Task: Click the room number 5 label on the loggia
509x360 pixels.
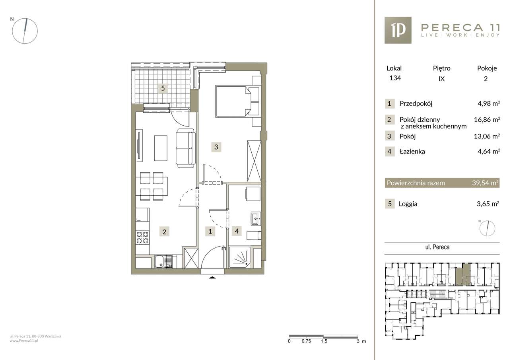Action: (163, 88)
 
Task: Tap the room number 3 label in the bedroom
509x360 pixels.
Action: (216, 147)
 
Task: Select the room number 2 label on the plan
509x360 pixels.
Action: (164, 232)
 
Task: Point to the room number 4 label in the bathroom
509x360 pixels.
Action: (237, 231)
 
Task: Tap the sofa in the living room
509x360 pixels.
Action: (186, 148)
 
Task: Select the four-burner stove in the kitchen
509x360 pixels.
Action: (142, 237)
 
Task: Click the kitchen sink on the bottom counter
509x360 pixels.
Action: (163, 262)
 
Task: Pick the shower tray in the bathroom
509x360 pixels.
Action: (240, 257)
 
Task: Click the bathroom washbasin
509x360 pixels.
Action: (256, 219)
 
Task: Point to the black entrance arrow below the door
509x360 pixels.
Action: (212, 277)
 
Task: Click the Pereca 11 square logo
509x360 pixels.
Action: (398, 30)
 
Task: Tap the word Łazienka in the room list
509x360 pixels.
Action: (412, 152)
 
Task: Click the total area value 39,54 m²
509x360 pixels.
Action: (486, 183)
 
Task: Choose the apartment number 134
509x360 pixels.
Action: (395, 78)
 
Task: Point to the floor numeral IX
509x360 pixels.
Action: (441, 79)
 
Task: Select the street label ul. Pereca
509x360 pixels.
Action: (437, 247)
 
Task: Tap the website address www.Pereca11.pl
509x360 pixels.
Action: (24, 341)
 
